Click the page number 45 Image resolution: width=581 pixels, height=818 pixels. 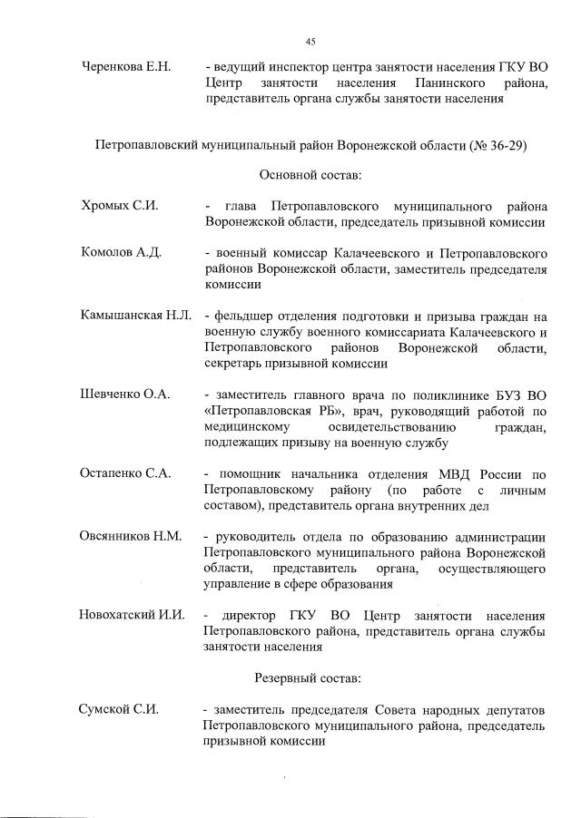pos(310,42)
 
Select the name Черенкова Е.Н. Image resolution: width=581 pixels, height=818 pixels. pos(127,67)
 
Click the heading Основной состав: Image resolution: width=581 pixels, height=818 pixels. pos(310,174)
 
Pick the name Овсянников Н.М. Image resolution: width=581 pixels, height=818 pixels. pos(132,536)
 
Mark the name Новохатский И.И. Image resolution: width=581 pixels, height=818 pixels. pos(133,615)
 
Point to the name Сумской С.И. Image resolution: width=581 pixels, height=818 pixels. pos(119,709)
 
